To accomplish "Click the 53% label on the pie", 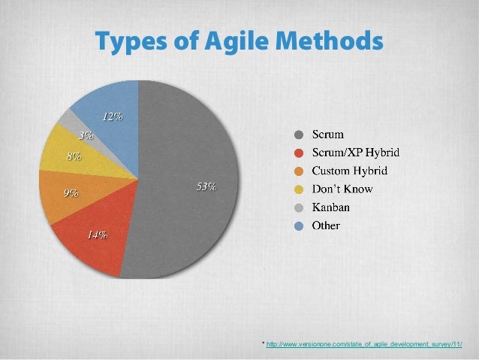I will coord(206,186).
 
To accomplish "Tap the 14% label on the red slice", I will coord(96,234).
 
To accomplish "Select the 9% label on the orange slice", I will coord(71,193).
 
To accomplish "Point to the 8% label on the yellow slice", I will coord(74,157).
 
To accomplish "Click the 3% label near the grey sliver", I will coord(86,136).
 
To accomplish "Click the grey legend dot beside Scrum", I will coord(299,135).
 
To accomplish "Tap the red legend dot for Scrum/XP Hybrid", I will coord(299,153).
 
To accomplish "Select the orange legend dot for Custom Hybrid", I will coord(299,171).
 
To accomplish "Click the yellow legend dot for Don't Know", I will coord(299,189).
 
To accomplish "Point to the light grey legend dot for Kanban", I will coord(299,207).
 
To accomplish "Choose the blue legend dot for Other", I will coord(299,225).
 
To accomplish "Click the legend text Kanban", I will coord(332,207).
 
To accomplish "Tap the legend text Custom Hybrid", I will coord(351,171).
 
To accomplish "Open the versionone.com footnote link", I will coord(364,344).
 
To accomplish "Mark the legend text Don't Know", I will coord(342,189).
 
